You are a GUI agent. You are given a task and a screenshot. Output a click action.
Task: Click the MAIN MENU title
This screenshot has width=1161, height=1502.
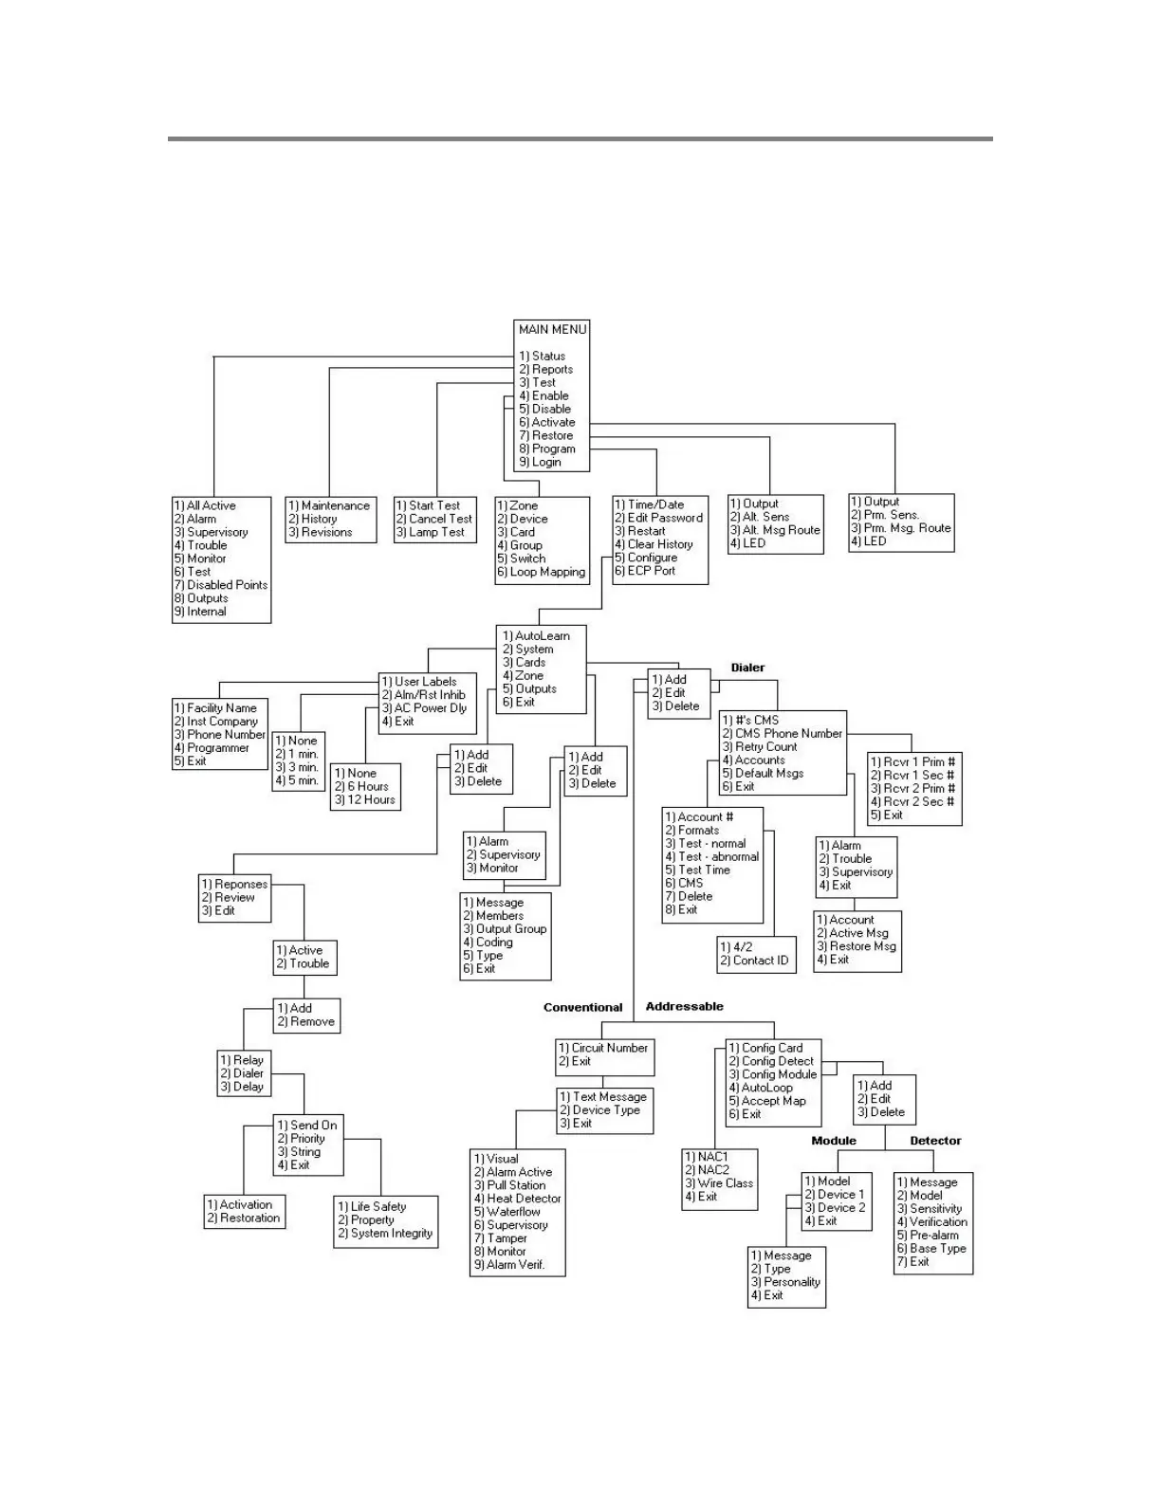click(552, 329)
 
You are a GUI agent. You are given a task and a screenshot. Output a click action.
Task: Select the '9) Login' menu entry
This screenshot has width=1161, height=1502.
click(540, 462)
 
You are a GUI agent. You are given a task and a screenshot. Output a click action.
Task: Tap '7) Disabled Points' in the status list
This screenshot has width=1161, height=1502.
click(221, 585)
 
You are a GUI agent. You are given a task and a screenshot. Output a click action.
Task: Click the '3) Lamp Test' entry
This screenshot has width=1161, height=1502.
click(430, 532)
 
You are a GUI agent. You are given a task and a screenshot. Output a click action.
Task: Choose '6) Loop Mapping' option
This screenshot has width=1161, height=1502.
click(541, 572)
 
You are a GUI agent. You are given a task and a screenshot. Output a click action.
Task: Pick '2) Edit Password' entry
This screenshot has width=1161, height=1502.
click(658, 518)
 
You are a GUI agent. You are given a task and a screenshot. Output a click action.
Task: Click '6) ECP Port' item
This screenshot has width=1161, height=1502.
click(645, 571)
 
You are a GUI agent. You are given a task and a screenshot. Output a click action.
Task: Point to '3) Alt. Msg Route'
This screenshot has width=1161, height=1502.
click(774, 530)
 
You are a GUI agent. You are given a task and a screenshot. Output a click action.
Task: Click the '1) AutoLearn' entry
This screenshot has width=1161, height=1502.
click(536, 636)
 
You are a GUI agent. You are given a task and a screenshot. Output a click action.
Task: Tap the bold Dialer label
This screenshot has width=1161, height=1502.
click(747, 668)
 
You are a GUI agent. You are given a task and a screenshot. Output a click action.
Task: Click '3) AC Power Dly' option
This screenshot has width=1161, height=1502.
click(424, 708)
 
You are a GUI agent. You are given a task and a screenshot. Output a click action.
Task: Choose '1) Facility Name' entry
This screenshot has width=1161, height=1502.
click(215, 708)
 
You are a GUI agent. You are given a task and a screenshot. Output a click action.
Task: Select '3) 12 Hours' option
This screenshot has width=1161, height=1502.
click(365, 799)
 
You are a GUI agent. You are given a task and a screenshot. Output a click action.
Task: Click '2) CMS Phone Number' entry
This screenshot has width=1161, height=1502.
click(782, 733)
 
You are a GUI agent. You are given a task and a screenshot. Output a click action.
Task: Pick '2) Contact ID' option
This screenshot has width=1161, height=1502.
click(754, 961)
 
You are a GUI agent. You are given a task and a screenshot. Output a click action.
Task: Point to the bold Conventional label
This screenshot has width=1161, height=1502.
click(582, 1007)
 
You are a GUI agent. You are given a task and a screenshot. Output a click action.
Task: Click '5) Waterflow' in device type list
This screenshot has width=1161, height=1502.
click(507, 1212)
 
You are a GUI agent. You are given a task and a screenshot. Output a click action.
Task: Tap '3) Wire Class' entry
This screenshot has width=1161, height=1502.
click(719, 1183)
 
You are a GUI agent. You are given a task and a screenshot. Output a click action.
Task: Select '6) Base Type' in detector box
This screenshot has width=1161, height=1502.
click(931, 1249)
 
